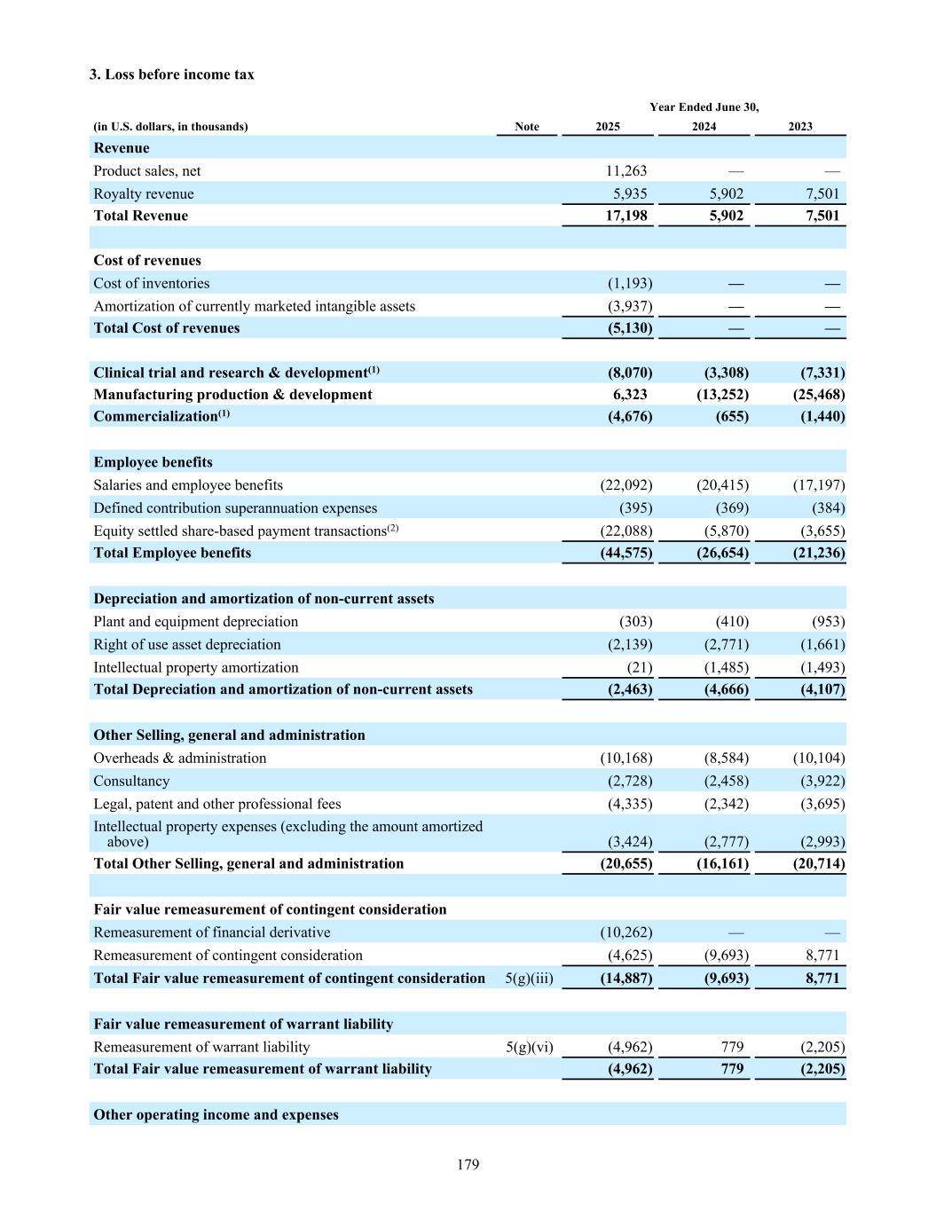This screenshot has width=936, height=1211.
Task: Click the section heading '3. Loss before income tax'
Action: tap(171, 75)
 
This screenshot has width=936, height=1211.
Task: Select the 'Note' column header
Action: tap(527, 127)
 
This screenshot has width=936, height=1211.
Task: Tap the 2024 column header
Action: tap(704, 127)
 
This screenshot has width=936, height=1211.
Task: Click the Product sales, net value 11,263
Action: tap(626, 171)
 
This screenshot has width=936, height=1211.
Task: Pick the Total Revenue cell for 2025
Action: tap(626, 216)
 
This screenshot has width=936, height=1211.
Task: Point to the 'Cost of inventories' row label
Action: tap(152, 283)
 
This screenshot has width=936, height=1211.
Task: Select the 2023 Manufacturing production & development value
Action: tap(818, 395)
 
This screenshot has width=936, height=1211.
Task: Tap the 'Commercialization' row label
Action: tap(156, 416)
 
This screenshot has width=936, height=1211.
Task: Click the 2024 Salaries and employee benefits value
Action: tap(722, 485)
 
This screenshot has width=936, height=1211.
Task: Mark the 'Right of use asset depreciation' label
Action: tap(187, 645)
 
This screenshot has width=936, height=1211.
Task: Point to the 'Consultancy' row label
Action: tap(131, 782)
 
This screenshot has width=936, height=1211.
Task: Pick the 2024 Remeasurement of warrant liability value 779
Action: tap(732, 1047)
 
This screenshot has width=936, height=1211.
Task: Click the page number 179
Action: tap(468, 1164)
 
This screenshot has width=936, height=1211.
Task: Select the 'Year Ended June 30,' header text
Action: tap(704, 107)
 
